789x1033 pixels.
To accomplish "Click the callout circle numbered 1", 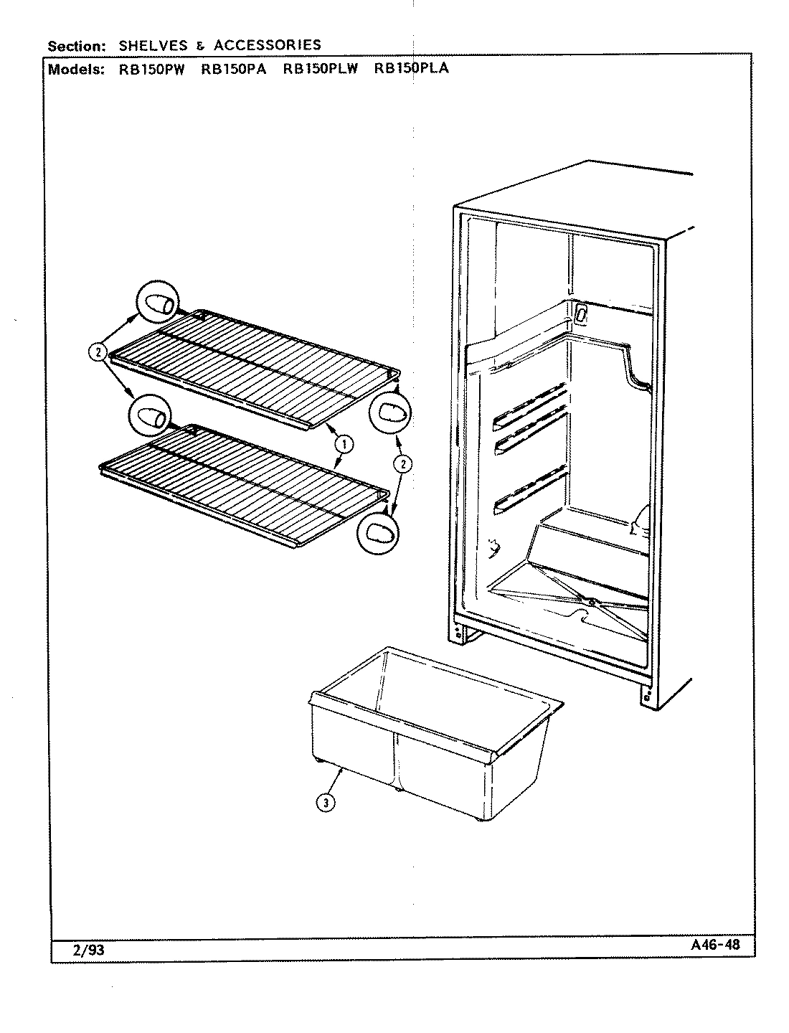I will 344,445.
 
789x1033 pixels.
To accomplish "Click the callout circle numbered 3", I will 326,803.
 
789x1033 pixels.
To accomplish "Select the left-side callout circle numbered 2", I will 98,352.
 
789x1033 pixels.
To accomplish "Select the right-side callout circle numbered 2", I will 404,464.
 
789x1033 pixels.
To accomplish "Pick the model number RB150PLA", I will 411,70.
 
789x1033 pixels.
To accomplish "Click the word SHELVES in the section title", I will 153,46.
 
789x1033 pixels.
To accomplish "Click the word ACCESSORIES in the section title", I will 268,46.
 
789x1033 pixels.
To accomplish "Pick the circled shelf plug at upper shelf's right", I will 390,412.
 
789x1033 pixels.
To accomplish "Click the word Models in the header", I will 74,70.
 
